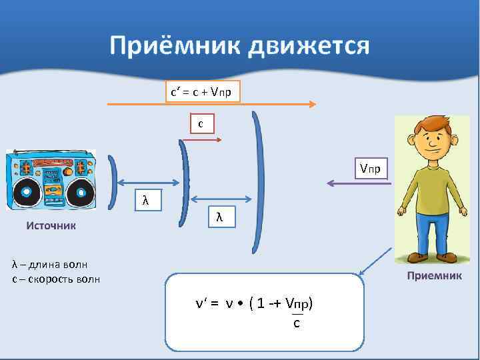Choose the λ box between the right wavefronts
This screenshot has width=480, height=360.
[x=220, y=216]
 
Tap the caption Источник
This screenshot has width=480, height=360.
[x=51, y=225]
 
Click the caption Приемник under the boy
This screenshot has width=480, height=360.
[x=434, y=275]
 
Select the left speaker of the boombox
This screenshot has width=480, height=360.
[x=25, y=193]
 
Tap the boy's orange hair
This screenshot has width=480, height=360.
[x=431, y=123]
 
